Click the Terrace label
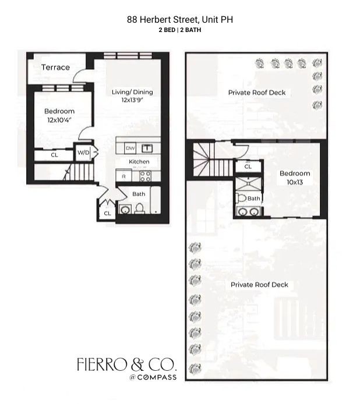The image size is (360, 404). pyautogui.click(x=55, y=68)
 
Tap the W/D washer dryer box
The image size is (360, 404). pyautogui.click(x=83, y=153)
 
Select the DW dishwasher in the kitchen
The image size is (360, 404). pyautogui.click(x=130, y=148)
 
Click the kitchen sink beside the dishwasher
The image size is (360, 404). pyautogui.click(x=147, y=148)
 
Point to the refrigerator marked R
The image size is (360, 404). pyautogui.click(x=123, y=176)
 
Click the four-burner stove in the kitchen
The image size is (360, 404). pyautogui.click(x=145, y=176)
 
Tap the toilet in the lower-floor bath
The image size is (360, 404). pyautogui.click(x=139, y=208)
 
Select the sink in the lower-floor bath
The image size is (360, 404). pyautogui.click(x=125, y=210)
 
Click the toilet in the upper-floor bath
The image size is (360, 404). pyautogui.click(x=241, y=198)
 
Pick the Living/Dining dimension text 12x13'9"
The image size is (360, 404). pyautogui.click(x=132, y=100)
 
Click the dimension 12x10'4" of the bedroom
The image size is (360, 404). pyautogui.click(x=59, y=120)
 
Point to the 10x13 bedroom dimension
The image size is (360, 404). pyautogui.click(x=295, y=182)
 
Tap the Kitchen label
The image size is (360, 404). pyautogui.click(x=139, y=162)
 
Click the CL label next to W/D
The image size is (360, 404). pyautogui.click(x=54, y=155)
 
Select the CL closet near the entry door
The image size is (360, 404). pyautogui.click(x=107, y=213)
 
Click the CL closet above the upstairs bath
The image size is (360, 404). pyautogui.click(x=248, y=166)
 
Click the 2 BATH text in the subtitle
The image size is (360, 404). pyautogui.click(x=190, y=30)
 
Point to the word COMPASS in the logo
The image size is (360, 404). pyautogui.click(x=157, y=377)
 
